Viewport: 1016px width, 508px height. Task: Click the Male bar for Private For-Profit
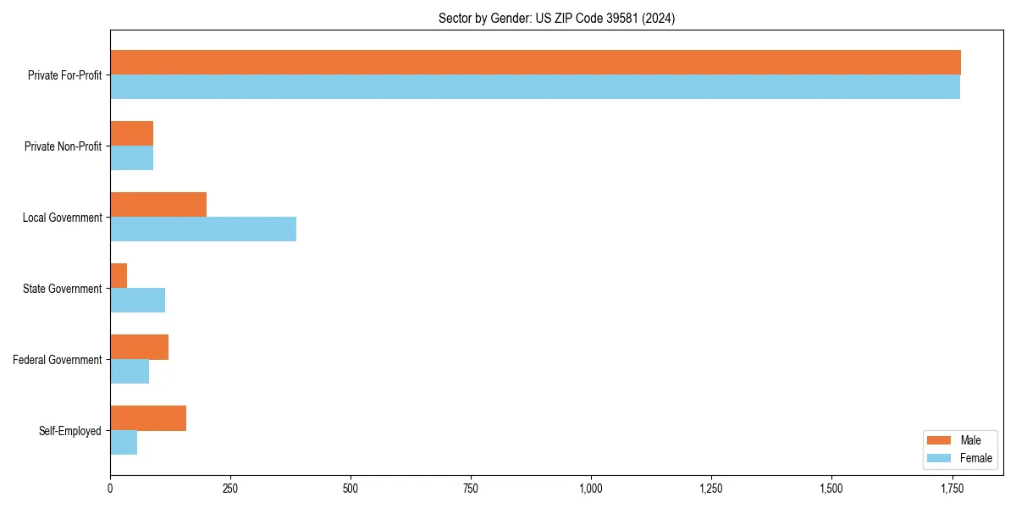click(535, 63)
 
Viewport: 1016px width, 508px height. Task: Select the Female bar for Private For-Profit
click(535, 87)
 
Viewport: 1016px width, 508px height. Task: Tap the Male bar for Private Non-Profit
click(131, 134)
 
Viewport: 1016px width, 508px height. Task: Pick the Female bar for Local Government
click(203, 229)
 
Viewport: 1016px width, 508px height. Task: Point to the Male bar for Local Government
click(158, 205)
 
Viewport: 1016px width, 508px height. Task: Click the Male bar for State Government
click(119, 276)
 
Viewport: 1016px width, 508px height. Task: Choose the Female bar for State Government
click(137, 301)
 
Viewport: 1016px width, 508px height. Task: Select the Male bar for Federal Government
click(139, 347)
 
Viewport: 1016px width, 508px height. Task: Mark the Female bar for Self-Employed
click(124, 443)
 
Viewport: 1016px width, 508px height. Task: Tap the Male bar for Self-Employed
click(148, 418)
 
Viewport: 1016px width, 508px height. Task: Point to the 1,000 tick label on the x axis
click(591, 489)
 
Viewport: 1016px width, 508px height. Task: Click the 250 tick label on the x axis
click(230, 489)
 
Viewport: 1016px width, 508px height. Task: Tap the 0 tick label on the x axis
click(110, 489)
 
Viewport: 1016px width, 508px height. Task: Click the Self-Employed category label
click(70, 431)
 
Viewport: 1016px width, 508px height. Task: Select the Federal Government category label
click(58, 360)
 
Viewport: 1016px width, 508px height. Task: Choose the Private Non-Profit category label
click(63, 146)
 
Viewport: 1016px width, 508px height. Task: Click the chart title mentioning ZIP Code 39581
click(556, 18)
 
